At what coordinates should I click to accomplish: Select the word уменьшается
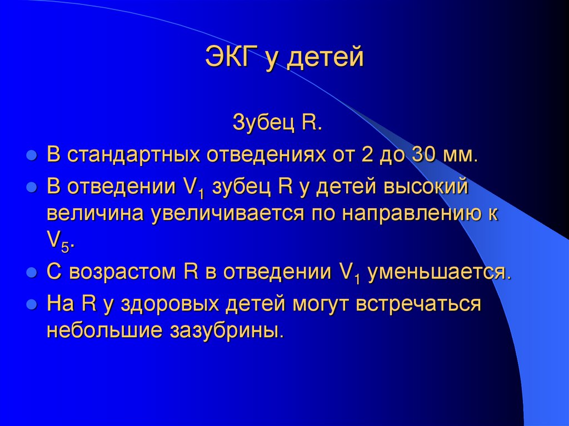coord(438,273)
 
